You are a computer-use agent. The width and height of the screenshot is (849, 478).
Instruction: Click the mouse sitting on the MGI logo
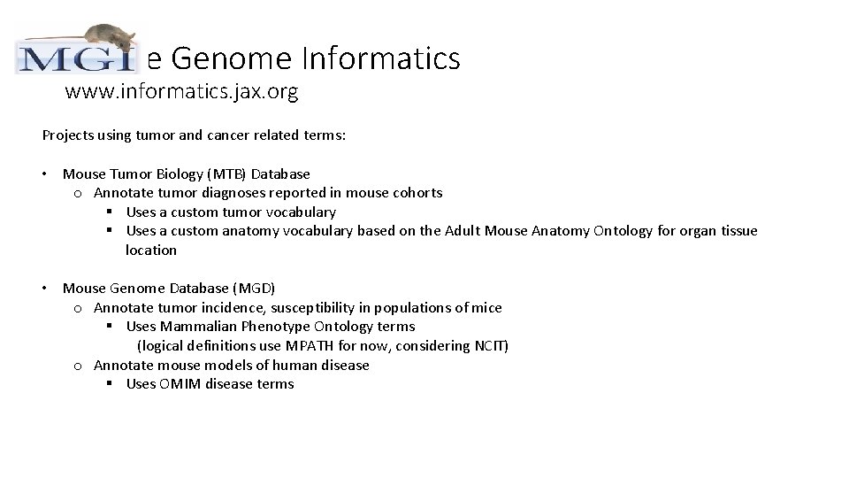click(x=107, y=38)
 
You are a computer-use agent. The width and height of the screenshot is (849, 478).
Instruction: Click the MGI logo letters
click(x=77, y=59)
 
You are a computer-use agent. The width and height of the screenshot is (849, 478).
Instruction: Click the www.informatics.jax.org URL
click(x=181, y=91)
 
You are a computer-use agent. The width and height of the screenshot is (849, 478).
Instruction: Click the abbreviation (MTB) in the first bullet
click(x=229, y=173)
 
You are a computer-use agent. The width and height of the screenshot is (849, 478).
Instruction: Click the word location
click(x=151, y=251)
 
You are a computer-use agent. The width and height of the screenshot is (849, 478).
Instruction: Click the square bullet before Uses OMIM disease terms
click(x=110, y=384)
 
